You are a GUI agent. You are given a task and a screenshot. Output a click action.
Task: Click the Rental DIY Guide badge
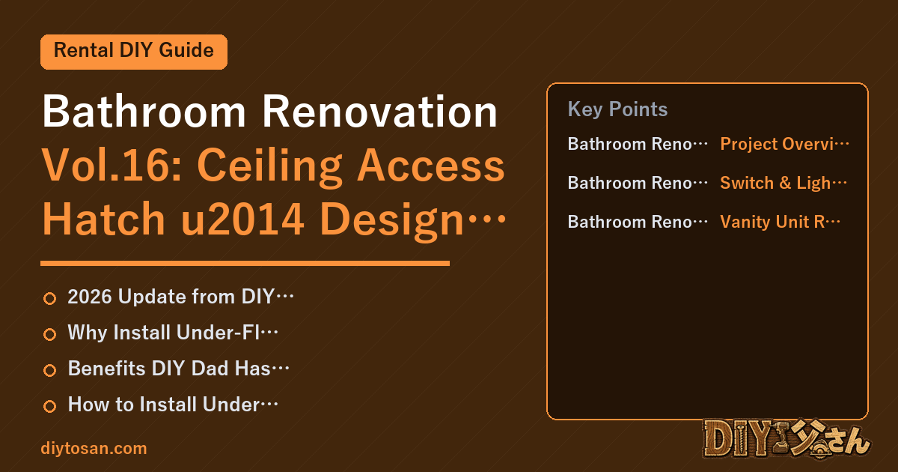point(134,52)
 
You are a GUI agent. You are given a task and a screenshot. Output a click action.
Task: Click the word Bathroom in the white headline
point(144,111)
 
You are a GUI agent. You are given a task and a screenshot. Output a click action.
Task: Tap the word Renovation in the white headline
point(379,111)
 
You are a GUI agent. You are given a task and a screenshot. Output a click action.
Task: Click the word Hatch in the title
point(104,219)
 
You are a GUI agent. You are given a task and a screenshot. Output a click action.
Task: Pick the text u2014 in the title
point(242,219)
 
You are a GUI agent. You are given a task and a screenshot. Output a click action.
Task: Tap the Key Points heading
point(617,109)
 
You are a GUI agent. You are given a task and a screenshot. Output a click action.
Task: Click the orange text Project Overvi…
point(784,144)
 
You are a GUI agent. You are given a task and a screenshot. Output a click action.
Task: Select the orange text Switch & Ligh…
point(784,183)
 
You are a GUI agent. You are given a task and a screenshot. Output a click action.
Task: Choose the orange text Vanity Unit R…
point(780,222)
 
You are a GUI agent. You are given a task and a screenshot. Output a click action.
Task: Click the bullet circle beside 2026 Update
point(49,298)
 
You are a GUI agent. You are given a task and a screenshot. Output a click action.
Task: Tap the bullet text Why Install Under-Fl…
point(173,333)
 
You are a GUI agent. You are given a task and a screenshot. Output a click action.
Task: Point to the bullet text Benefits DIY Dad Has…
point(178,369)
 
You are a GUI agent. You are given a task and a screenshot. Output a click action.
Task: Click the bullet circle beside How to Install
point(49,406)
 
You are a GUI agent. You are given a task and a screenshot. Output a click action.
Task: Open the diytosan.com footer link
point(94,448)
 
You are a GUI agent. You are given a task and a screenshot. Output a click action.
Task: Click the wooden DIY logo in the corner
point(786,439)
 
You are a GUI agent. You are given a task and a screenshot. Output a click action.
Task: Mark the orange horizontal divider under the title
point(245,263)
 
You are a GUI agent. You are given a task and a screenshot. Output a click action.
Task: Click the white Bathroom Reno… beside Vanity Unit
point(638,222)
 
